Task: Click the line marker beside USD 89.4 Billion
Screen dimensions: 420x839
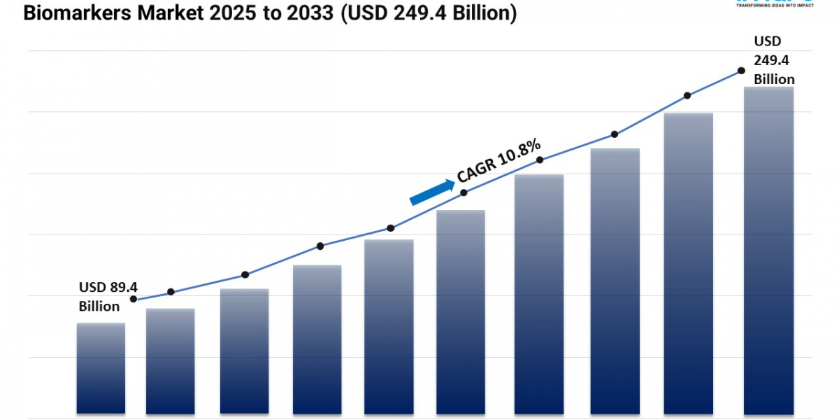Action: point(134,299)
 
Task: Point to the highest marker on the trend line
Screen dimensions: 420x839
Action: point(740,71)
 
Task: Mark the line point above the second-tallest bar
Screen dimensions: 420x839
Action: point(687,95)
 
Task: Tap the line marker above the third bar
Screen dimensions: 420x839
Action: point(245,274)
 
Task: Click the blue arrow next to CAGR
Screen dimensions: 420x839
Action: point(431,192)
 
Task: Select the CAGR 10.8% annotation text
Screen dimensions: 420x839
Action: point(499,160)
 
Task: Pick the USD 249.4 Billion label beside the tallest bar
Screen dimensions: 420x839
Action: point(773,60)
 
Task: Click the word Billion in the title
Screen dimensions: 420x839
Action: point(479,14)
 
